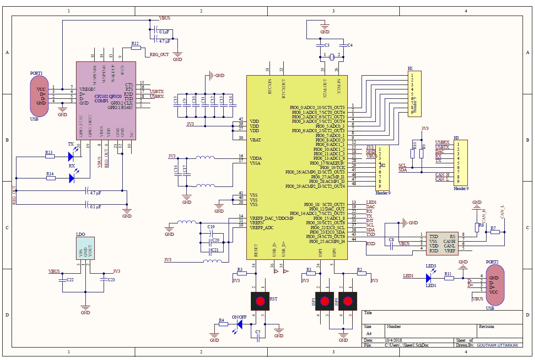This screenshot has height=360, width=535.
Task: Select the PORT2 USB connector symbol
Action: coord(495,285)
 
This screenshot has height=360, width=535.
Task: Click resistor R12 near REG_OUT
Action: coord(136,48)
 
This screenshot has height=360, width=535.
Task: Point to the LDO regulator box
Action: coord(85,248)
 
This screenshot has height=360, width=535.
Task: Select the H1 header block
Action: coord(414,93)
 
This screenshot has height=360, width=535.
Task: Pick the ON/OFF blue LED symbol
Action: coord(240,324)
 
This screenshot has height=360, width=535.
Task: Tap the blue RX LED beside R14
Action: coord(72,178)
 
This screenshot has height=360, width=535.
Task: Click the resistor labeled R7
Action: coord(495,232)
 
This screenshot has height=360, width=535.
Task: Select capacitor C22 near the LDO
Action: coord(64,280)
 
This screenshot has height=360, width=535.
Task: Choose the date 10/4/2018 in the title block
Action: coord(393,340)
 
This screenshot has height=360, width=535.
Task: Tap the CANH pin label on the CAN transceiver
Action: coord(449,241)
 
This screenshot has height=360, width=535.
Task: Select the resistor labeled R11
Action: coord(449,278)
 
